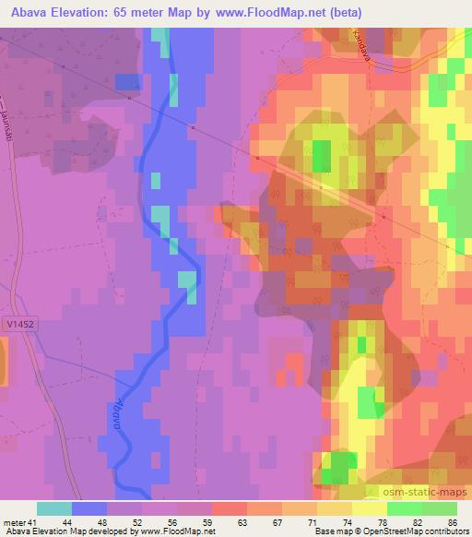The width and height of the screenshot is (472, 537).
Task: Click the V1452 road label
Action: [14, 325]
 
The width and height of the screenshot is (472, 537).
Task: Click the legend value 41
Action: [32, 521]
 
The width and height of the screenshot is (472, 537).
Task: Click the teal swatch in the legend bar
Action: [54, 508]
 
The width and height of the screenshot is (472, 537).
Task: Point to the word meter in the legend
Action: [13, 521]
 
